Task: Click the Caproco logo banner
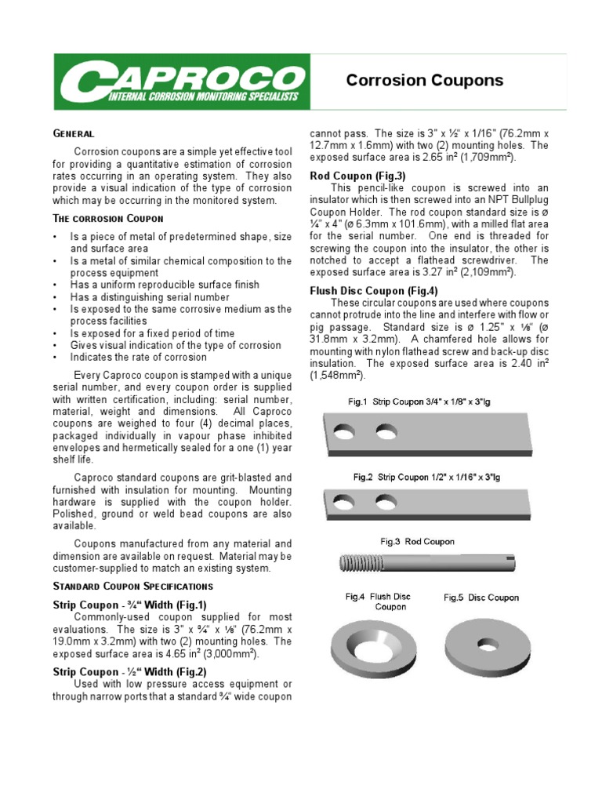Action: pos(182,82)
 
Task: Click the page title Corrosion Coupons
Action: pos(425,81)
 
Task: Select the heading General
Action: pos(73,134)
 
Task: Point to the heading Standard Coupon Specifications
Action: pos(132,586)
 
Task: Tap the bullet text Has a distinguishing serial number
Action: pos(150,297)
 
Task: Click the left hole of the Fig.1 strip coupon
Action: pos(344,431)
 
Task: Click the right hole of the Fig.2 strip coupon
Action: pos(384,501)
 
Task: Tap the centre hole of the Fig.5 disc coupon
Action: pos(487,646)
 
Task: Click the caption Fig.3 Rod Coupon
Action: pos(417,541)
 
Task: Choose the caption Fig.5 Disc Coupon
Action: pos(481,598)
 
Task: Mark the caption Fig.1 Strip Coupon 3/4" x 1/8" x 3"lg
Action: pos(419,401)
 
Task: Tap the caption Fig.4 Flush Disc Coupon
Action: pos(390,601)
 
